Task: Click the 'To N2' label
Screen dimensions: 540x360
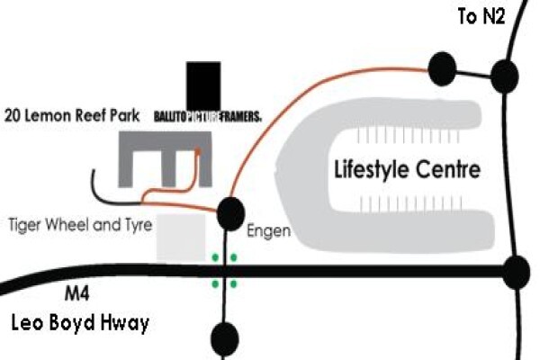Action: point(481,16)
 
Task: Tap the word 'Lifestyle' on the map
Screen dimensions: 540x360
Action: point(372,169)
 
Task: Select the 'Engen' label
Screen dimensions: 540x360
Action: point(268,231)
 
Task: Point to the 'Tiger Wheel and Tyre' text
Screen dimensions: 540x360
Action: point(80,226)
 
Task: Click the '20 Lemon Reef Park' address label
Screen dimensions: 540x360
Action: point(72,115)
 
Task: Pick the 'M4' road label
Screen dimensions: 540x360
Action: point(77,294)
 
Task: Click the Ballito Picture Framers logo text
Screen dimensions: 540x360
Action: point(208,117)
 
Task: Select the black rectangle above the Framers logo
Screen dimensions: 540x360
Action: point(203,85)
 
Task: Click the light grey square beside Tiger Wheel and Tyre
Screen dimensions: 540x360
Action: point(181,237)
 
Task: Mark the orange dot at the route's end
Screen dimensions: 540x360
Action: point(198,150)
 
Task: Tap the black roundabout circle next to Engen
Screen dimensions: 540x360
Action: point(230,214)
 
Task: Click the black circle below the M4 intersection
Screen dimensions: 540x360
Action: point(224,338)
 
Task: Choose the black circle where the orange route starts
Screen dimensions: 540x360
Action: point(442,69)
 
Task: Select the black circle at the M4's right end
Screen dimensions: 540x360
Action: point(517,272)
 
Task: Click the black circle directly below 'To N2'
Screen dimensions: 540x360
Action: point(505,76)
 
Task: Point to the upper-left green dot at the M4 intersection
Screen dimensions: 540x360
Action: point(216,257)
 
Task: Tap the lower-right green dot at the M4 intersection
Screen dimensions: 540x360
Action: point(233,284)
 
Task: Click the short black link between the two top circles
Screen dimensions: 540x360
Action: point(473,74)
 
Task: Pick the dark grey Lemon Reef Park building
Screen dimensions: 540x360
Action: point(165,141)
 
